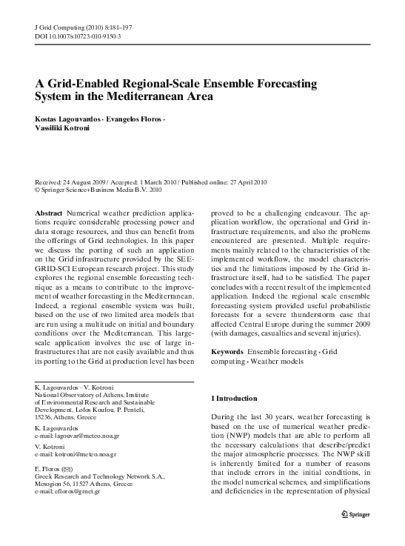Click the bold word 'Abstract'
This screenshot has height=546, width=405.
pos(49,211)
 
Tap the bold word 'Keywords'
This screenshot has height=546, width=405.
pos(228,350)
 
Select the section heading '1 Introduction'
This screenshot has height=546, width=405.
pos(235,399)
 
